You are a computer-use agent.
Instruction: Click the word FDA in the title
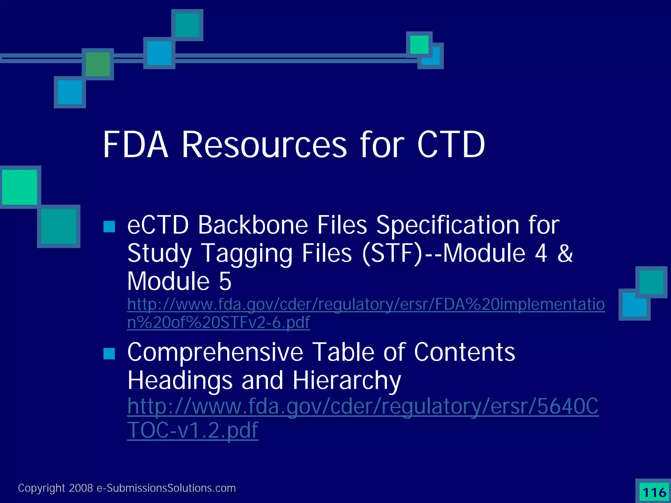(x=136, y=145)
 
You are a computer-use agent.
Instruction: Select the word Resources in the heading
(x=264, y=145)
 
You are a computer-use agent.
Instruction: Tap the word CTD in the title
(x=451, y=145)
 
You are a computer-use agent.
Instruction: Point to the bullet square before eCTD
(x=109, y=226)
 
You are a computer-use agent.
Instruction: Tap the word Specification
(x=448, y=226)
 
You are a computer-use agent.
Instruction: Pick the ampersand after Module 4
(x=565, y=253)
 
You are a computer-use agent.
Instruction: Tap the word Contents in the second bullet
(x=464, y=352)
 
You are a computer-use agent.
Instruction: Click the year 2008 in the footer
(x=81, y=488)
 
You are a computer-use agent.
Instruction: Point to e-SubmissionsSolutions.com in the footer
(x=166, y=488)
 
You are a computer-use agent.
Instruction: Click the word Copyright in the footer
(x=42, y=488)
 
